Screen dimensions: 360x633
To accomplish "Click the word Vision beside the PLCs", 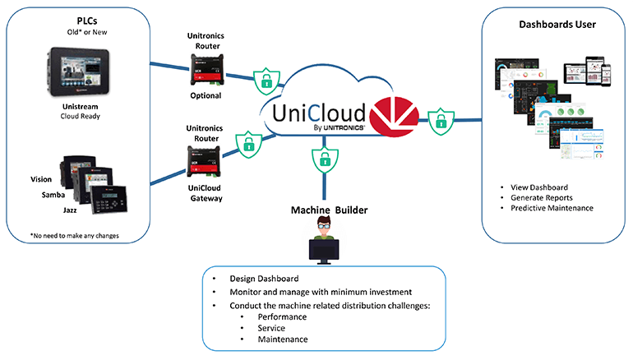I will coord(41,179).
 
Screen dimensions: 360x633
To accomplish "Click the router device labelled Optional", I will coord(206,68).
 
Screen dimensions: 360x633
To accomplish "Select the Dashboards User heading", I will coord(557,24).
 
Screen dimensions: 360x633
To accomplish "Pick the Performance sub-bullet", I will coord(282,316).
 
